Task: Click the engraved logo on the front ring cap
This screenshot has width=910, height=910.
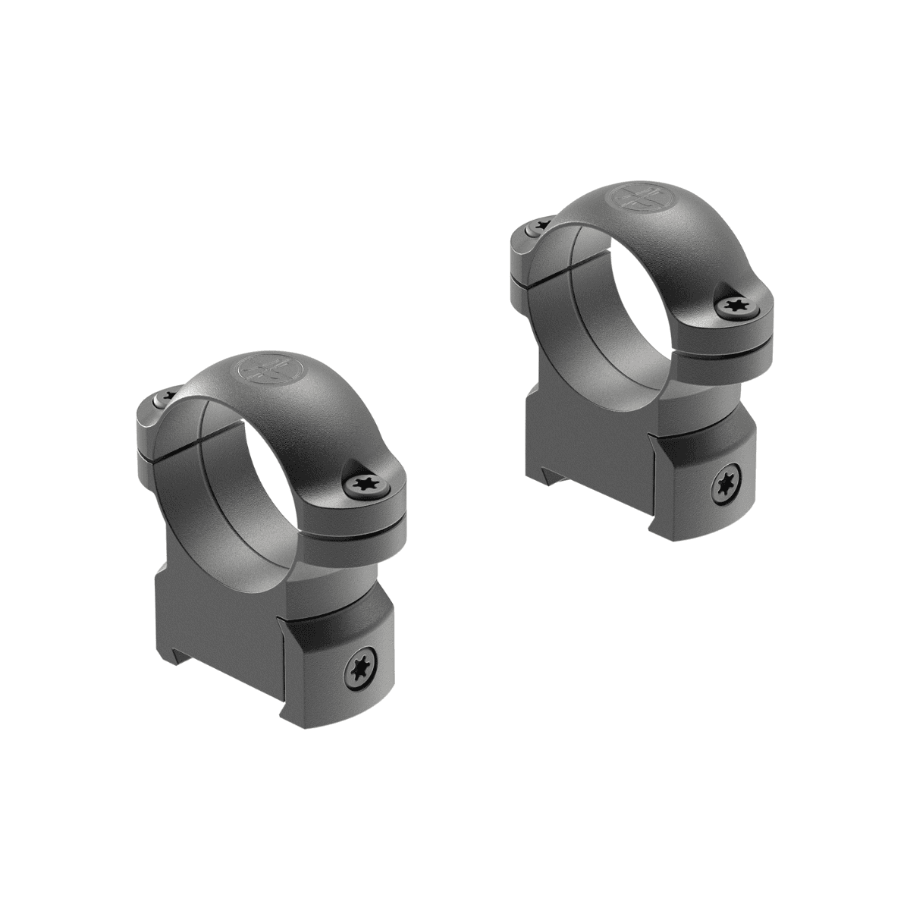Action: [x=262, y=369]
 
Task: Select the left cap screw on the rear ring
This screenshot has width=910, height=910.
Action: [x=540, y=225]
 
